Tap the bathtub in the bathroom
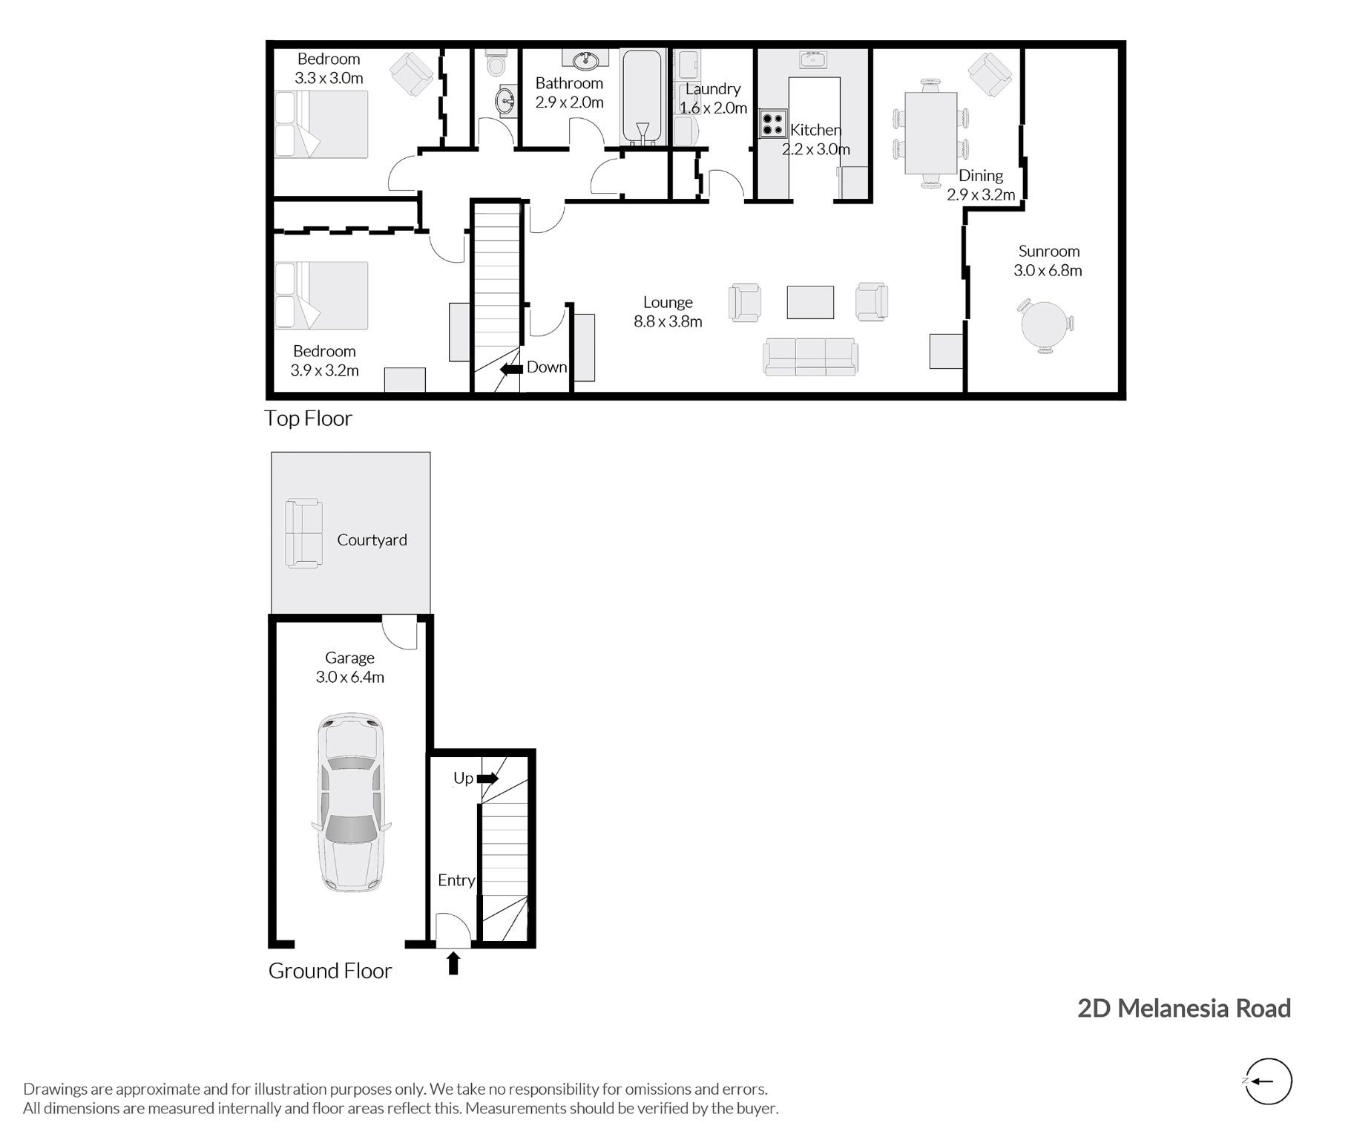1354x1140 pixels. point(643,96)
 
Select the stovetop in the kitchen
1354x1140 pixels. point(772,123)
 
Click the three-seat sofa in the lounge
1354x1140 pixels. point(810,357)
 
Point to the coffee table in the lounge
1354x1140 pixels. point(810,303)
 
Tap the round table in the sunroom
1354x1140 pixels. point(1046,325)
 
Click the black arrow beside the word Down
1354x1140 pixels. point(511,368)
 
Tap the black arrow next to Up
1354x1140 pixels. point(487,779)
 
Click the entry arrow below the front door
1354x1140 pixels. point(453,963)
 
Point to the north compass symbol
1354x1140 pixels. point(1269,1081)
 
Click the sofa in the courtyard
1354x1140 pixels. point(303,534)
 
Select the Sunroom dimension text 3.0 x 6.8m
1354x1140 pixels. point(1048,271)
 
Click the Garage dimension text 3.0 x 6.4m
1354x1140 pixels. point(349,677)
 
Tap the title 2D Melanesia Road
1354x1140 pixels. point(1184,1008)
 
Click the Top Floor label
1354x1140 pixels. point(308,419)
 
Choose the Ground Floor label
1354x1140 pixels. point(329,971)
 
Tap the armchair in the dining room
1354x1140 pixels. point(990,74)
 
